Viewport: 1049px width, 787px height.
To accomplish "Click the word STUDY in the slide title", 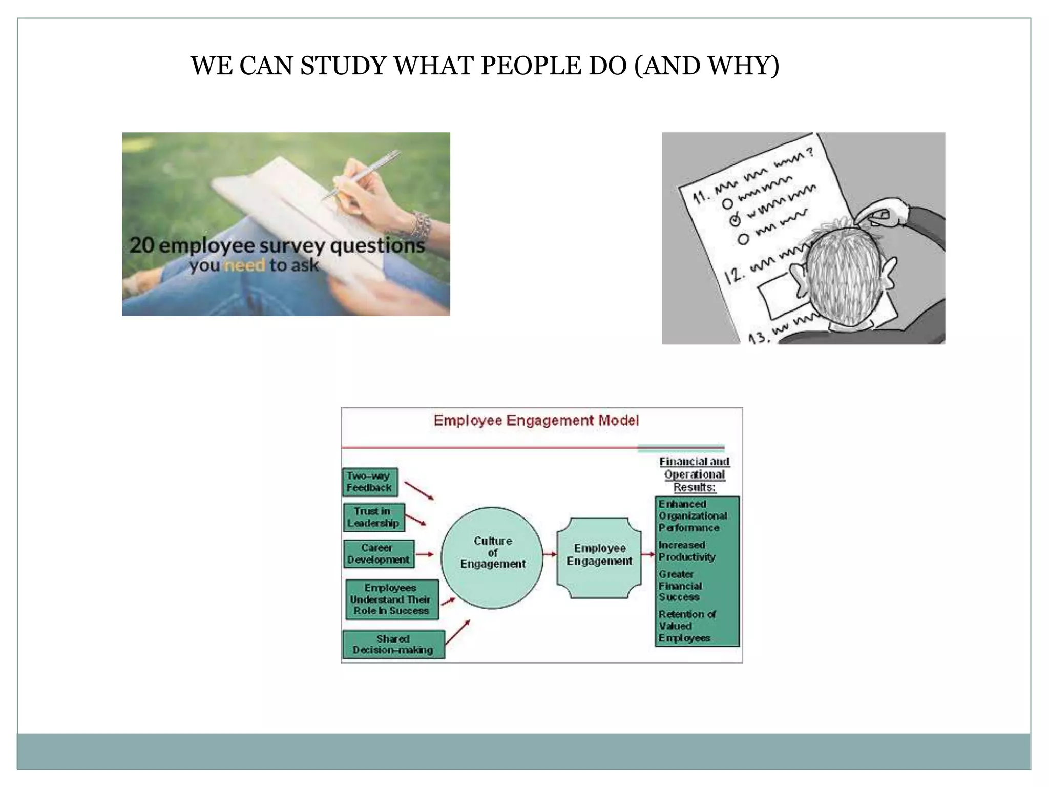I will (342, 66).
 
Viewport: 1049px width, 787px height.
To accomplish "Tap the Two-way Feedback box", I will (369, 482).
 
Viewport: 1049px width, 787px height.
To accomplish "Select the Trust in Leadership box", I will (373, 517).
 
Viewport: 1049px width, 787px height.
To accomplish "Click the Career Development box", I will (379, 554).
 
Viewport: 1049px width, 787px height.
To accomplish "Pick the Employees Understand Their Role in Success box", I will (392, 599).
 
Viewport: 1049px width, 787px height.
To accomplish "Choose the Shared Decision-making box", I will (393, 645).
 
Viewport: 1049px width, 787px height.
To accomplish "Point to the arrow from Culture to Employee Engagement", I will (550, 554).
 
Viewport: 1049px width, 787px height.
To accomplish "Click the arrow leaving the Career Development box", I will (425, 554).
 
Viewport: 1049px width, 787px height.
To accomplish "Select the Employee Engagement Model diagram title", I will (536, 421).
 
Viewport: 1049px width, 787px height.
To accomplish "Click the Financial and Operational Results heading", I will (694, 474).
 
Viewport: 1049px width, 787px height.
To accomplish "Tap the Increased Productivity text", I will (686, 551).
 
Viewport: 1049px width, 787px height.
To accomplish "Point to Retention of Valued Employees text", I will (686, 626).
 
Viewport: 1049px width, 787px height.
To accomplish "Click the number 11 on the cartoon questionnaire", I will (701, 197).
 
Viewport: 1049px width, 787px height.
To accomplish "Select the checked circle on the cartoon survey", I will (735, 220).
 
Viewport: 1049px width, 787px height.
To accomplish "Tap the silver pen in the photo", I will (362, 175).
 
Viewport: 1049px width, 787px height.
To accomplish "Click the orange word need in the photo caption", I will (245, 265).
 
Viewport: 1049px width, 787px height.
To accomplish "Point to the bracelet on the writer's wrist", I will (421, 223).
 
